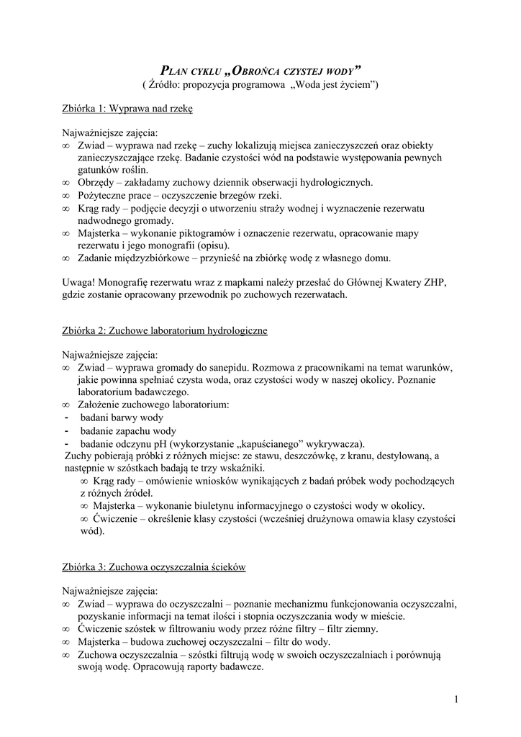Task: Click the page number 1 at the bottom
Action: pyautogui.click(x=456, y=699)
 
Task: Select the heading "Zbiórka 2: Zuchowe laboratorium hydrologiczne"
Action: pyautogui.click(x=165, y=330)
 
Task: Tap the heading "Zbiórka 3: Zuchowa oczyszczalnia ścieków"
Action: pyautogui.click(x=154, y=567)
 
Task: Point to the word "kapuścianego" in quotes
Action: pyautogui.click(x=268, y=443)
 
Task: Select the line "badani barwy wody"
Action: pyautogui.click(x=122, y=417)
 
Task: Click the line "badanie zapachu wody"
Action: pyautogui.click(x=128, y=430)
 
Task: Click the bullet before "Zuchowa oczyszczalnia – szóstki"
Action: pyautogui.click(x=66, y=654)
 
